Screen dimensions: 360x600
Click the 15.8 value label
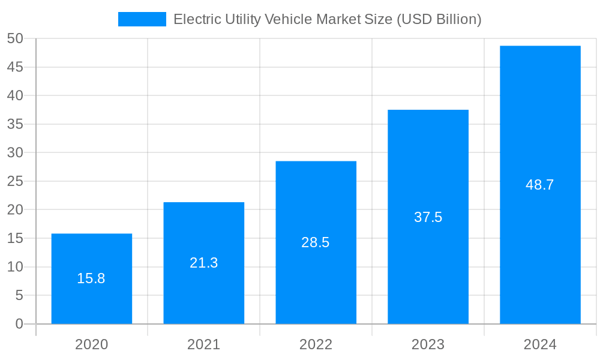point(91,278)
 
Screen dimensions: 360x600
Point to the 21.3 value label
point(204,263)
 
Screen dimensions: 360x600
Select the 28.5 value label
point(316,242)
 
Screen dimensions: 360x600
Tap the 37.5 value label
point(428,217)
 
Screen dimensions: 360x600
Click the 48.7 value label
point(540,185)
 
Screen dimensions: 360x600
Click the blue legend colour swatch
point(142,19)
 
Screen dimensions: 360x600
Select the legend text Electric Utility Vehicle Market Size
point(328,19)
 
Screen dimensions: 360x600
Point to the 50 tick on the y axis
point(15,38)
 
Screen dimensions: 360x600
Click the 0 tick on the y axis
point(19,324)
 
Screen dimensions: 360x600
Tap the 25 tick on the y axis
point(15,181)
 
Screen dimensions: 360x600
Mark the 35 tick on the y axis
point(15,124)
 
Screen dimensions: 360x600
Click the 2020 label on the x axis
point(92,344)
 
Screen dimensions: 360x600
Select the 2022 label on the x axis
point(316,344)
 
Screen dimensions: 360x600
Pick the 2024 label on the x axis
point(540,344)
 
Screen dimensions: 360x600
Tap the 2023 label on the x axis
point(428,344)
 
